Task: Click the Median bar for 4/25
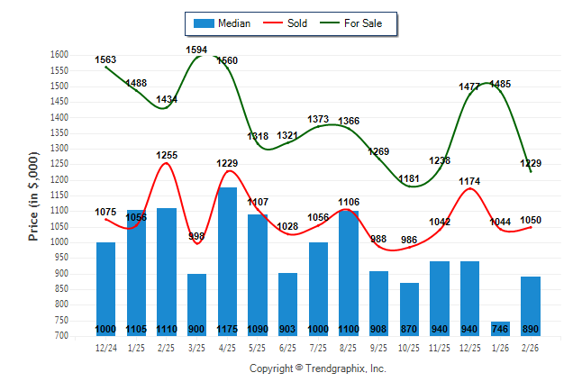227,261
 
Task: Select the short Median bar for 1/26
500,328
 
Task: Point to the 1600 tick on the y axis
59,55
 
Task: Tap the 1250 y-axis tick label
59,164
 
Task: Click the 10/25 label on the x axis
409,348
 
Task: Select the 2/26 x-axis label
531,348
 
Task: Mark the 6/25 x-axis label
288,348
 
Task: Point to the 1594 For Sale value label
197,50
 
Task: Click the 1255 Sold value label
167,155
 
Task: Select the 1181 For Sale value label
409,179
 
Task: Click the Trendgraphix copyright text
317,368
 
